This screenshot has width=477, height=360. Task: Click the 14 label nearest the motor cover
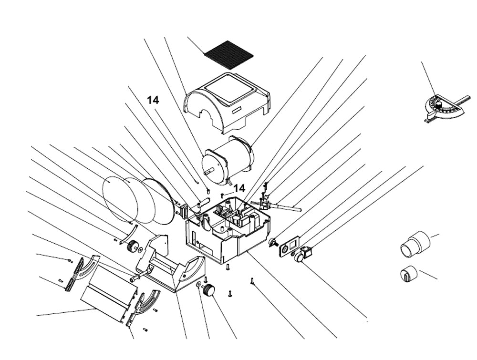pos(153,100)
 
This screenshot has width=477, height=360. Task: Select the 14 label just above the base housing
pos(239,188)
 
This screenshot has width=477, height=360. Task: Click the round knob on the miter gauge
pos(438,103)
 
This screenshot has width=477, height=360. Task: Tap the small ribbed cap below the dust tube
pos(408,274)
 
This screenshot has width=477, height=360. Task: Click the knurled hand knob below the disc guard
pos(208,290)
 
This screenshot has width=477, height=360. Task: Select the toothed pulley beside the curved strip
pos(133,247)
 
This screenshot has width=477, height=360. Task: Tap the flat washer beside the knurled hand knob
pos(198,285)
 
